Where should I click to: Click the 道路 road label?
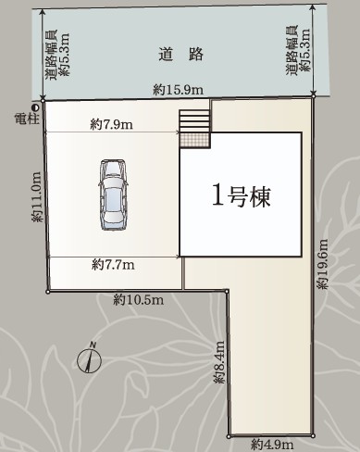point(181,55)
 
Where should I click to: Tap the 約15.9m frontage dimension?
point(179,90)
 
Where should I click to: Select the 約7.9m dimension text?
point(112,124)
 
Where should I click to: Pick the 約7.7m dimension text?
point(113,265)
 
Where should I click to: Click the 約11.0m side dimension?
point(37,196)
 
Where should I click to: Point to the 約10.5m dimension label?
point(138,299)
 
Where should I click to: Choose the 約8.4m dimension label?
point(219,362)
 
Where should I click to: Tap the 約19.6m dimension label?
point(323,264)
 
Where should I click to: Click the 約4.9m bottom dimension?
point(272,445)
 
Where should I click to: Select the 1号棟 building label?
point(242,197)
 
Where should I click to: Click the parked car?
point(113,195)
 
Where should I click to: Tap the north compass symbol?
point(89,358)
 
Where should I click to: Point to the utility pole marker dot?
point(36,107)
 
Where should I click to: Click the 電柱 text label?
point(27,119)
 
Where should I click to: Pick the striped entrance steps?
point(194,121)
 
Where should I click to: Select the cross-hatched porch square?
point(194,141)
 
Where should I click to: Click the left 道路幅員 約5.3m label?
point(57,55)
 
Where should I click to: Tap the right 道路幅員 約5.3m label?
point(297,50)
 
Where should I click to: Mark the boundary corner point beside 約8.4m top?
point(227,291)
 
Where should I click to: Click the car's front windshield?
point(113,169)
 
